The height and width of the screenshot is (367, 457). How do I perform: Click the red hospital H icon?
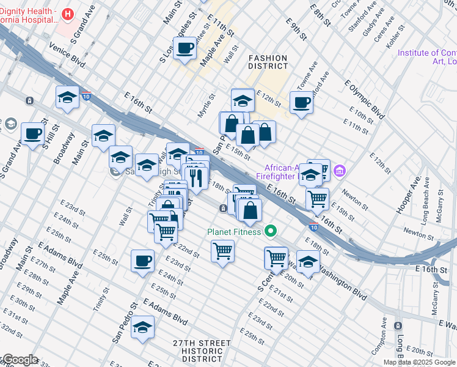click(68, 13)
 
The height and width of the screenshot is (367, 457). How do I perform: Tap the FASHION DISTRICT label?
click(268, 62)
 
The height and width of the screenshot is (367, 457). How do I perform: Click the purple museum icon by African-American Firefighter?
click(341, 169)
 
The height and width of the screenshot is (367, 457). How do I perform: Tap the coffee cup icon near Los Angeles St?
click(185, 48)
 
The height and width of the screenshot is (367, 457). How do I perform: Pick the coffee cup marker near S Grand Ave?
click(32, 133)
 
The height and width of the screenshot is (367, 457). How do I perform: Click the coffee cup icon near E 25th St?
click(142, 261)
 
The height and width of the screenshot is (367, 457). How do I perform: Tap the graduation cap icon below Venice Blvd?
click(67, 97)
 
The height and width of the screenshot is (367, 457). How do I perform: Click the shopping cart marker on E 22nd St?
click(222, 251)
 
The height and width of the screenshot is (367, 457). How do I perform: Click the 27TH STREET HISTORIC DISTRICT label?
click(192, 351)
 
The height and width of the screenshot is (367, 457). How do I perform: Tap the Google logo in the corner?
click(20, 360)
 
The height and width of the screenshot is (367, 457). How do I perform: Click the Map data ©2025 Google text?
click(419, 362)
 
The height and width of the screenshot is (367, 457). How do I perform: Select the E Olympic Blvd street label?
click(365, 99)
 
